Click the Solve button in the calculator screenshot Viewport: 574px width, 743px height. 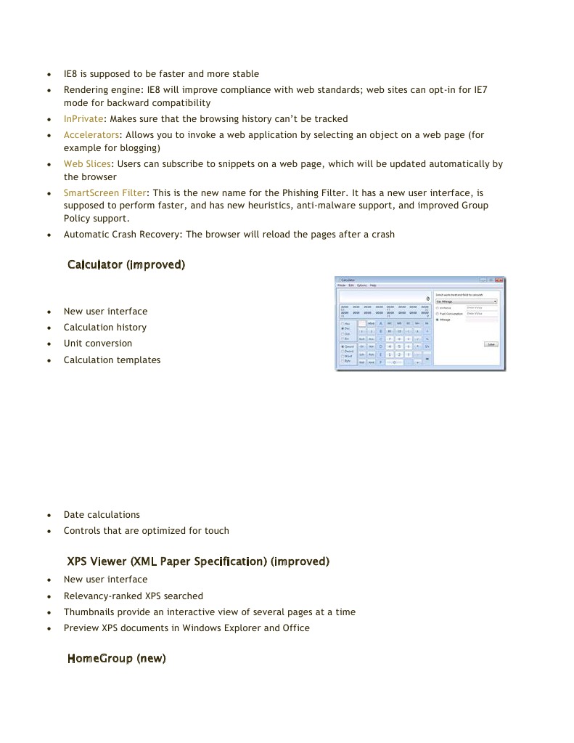pos(491,344)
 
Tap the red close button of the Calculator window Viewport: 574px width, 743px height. pos(500,280)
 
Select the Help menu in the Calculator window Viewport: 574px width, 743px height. pos(373,285)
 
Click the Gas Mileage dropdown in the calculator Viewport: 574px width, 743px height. pos(466,301)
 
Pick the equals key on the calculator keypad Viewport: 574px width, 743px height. pos(427,359)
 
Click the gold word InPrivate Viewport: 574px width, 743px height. pos(83,118)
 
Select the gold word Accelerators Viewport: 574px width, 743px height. pos(91,135)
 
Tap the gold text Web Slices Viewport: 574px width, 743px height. pos(87,164)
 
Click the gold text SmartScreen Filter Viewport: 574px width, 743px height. pos(104,193)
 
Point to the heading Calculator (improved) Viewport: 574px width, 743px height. pos(126,264)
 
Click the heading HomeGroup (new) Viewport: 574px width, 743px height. pos(116,659)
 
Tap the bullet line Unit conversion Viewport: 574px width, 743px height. pos(98,344)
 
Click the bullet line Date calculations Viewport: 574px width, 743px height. pos(102,515)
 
